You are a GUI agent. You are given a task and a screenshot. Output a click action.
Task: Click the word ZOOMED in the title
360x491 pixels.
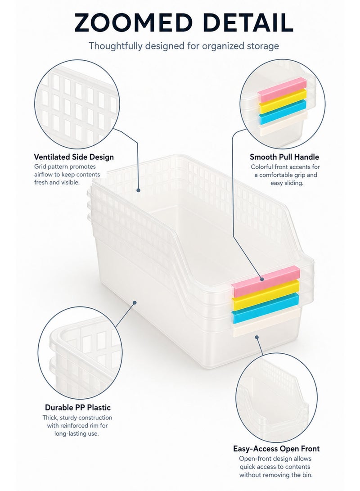pyautogui.click(x=133, y=23)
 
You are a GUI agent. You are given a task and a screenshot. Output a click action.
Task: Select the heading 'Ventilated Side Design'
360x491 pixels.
pyautogui.click(x=74, y=157)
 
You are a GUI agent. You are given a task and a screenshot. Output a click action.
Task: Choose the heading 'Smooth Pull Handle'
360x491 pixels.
pyautogui.click(x=284, y=157)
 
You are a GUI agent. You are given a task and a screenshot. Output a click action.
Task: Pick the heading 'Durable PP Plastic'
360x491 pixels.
pyautogui.click(x=78, y=407)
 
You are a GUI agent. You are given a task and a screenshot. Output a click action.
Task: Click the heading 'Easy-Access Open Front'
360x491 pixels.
pyautogui.click(x=276, y=449)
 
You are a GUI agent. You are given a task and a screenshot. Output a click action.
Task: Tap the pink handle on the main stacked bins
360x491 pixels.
pyautogui.click(x=265, y=281)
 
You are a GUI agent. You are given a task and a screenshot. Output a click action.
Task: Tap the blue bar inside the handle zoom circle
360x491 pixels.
pyautogui.click(x=282, y=112)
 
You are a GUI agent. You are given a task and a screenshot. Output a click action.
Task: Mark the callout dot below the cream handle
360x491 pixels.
pyautogui.click(x=256, y=337)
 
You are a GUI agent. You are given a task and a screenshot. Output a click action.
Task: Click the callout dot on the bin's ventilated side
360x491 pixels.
pyautogui.click(x=138, y=190)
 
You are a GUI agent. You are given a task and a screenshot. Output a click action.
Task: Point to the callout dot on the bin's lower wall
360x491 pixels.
pyautogui.click(x=135, y=302)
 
